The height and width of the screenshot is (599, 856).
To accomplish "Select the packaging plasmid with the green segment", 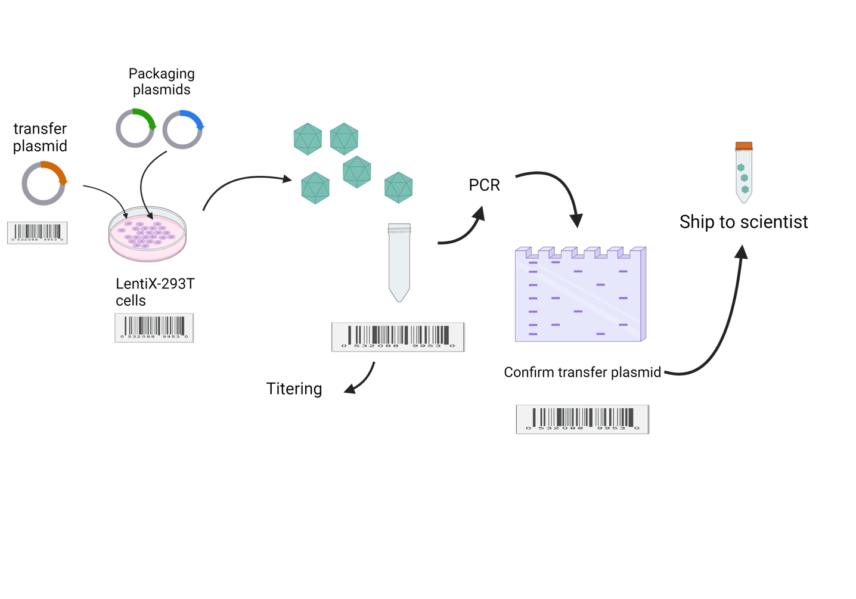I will [x=135, y=128].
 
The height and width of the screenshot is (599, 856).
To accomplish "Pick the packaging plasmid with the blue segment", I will [x=183, y=129].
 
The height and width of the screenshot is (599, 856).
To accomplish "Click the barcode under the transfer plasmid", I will [x=37, y=232].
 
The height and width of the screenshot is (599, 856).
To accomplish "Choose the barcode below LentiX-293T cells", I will [x=154, y=327].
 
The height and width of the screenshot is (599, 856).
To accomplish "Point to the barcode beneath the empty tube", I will [x=398, y=337].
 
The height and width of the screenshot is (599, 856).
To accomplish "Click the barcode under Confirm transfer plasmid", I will [x=582, y=419].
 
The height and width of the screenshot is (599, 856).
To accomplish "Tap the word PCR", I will [x=484, y=185].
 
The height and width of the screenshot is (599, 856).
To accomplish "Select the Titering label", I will [x=294, y=389].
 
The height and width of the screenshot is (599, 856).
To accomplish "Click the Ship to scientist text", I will [x=743, y=222].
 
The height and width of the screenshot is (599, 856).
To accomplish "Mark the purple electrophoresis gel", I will [x=579, y=294].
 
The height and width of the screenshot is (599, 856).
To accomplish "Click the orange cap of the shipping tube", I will [x=743, y=145].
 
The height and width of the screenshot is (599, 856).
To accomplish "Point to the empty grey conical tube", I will [x=399, y=262].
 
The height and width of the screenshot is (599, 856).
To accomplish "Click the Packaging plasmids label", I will [x=162, y=82].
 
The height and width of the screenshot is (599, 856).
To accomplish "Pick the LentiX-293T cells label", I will [x=154, y=292].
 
